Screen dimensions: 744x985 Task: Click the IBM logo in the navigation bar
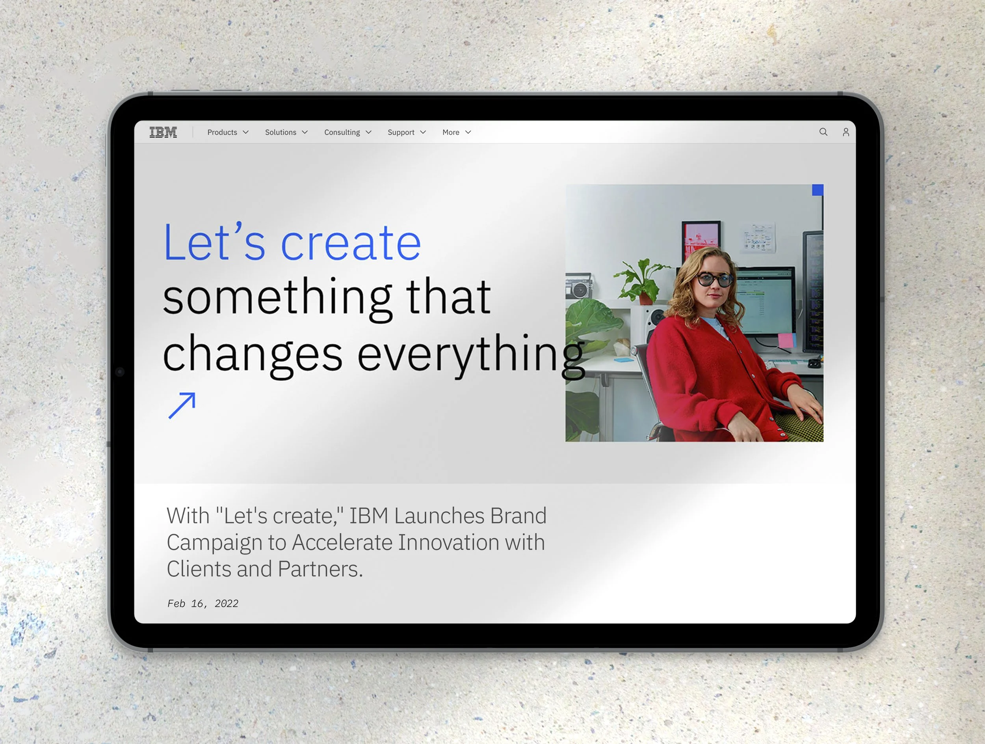(163, 132)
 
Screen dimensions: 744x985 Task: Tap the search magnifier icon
(823, 132)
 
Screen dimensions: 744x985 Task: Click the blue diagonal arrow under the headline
(182, 405)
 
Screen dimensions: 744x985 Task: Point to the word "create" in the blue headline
(350, 243)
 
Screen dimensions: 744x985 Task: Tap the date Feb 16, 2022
(203, 604)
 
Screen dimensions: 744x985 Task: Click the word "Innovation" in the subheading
(448, 543)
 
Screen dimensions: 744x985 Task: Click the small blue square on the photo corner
(818, 190)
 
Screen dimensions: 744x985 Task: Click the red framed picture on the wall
(701, 241)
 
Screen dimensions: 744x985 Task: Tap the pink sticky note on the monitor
(786, 340)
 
